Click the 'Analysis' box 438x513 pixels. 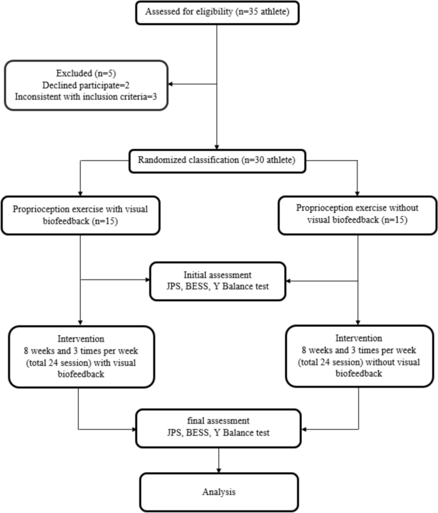coord(219,493)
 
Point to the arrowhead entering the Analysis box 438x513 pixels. coord(219,470)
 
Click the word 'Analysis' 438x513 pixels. coord(219,493)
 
